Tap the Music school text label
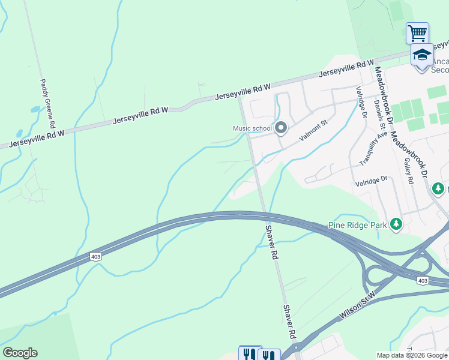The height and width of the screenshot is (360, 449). (253, 128)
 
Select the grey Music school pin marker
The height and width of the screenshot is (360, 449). (281, 128)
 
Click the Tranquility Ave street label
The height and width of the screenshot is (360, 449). (367, 149)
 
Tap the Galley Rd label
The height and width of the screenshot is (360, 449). (409, 171)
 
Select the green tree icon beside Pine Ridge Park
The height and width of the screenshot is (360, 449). (396, 224)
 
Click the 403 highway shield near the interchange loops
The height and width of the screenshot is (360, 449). (422, 280)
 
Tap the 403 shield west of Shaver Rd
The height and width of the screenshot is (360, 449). (96, 256)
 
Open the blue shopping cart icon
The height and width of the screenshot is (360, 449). (417, 33)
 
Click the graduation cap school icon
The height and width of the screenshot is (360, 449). (422, 55)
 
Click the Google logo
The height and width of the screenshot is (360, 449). (20, 353)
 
